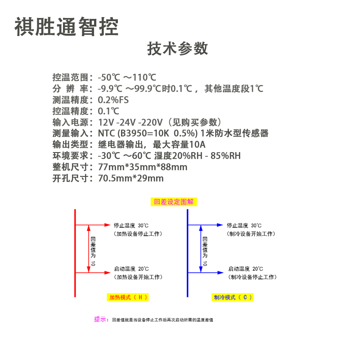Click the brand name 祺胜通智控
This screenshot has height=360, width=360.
coord(66,27)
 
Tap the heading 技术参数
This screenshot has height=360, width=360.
coord(178,49)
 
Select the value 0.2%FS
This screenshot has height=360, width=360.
coord(113,99)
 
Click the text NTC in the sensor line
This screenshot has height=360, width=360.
coord(107,133)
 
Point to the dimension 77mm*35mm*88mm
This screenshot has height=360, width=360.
coord(142,167)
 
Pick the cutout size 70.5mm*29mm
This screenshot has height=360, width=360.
coord(131,178)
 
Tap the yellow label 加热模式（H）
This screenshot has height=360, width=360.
coord(128,297)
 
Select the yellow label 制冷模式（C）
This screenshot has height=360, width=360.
coord(233,297)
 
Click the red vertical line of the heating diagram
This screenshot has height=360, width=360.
coord(75,252)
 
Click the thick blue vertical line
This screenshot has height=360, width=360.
coord(187,252)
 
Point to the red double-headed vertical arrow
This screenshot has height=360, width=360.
coord(88,248)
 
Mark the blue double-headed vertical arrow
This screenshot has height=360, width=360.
coord(200,248)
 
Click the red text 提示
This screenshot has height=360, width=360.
coord(101,319)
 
